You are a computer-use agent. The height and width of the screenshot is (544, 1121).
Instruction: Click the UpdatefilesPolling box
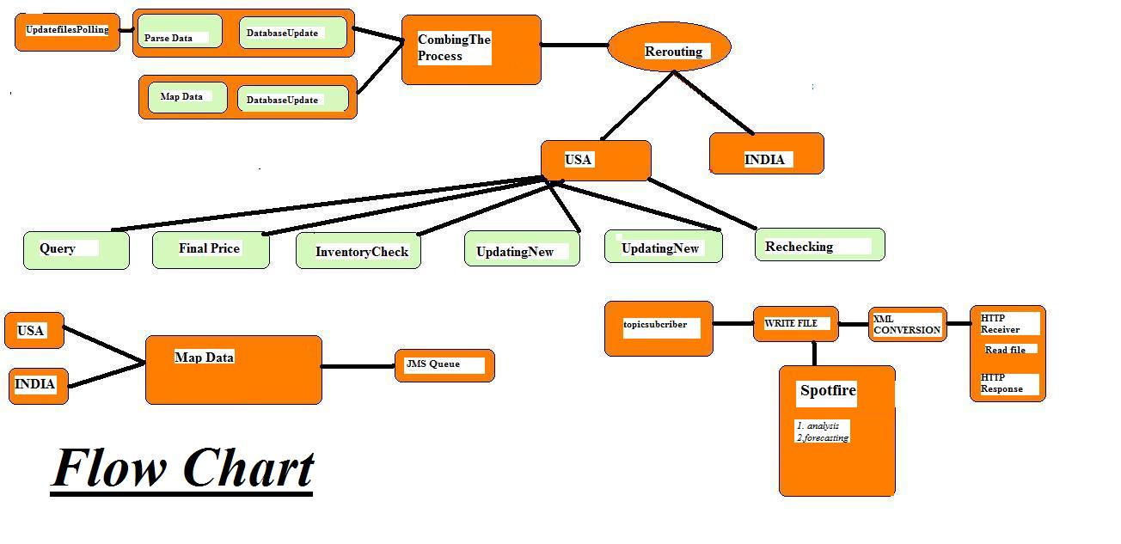coord(67,31)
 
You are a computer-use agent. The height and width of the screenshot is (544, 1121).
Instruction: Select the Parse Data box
coord(180,32)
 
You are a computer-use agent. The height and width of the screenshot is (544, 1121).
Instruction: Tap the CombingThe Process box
coord(470,49)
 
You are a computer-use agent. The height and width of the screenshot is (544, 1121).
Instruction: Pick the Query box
coord(76,250)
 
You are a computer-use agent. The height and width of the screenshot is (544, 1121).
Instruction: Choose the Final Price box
coord(211,249)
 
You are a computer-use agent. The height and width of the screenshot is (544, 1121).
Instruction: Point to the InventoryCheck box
coord(358,251)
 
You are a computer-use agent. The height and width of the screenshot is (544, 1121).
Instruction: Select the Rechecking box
coord(819,245)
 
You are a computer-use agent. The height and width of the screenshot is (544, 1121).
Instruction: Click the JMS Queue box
coord(444,365)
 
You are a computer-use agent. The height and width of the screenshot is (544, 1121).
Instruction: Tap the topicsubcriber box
coord(659,327)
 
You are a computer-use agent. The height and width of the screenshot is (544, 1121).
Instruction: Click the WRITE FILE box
coord(795,324)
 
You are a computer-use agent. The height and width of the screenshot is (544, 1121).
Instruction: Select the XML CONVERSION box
coord(907,325)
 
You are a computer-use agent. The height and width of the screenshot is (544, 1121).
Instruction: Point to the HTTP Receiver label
coord(1002,324)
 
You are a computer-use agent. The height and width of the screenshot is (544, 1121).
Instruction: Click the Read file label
coord(1006,350)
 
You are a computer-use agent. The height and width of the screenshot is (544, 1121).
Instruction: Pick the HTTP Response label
coord(1002,383)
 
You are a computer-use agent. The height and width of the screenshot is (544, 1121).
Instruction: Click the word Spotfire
coord(828,391)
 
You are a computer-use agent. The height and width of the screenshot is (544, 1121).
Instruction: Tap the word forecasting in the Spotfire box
coord(825,437)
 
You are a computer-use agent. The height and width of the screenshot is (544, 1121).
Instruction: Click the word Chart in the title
coord(248,469)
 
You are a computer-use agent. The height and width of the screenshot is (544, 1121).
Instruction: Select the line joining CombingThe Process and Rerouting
coord(574,45)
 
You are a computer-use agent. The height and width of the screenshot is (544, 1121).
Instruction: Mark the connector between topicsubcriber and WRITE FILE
coord(732,324)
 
